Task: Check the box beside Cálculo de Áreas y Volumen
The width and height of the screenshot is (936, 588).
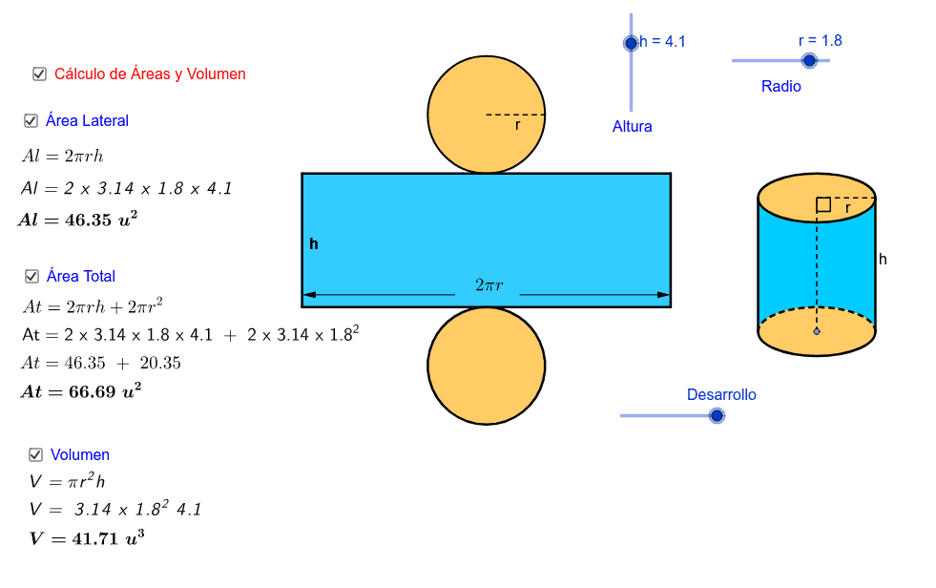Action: (x=39, y=73)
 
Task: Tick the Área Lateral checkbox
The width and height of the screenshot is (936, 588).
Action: (x=31, y=121)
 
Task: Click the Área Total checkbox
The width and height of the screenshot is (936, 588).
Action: (x=31, y=277)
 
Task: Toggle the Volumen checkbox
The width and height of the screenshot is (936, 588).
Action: (x=36, y=455)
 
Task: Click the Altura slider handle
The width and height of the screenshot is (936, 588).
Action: (x=631, y=43)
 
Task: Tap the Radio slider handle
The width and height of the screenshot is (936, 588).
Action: (x=809, y=60)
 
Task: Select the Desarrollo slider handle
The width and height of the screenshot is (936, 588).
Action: (x=717, y=415)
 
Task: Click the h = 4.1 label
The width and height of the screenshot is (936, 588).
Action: (x=663, y=41)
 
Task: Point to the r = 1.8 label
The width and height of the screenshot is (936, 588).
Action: (x=820, y=40)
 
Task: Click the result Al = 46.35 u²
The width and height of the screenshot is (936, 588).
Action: (x=77, y=220)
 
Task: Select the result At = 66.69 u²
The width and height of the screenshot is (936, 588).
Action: (x=80, y=390)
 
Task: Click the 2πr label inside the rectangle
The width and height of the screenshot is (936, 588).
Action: (x=489, y=284)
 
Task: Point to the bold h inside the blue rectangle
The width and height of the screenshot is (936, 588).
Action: (x=314, y=244)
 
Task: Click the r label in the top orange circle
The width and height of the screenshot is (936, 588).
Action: (x=517, y=125)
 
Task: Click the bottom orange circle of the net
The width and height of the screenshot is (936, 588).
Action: (x=486, y=365)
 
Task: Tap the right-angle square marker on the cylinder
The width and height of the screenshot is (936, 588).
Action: (x=822, y=204)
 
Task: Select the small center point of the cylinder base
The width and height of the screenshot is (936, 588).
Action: (x=816, y=331)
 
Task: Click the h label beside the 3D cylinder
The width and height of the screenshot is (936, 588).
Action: (x=883, y=259)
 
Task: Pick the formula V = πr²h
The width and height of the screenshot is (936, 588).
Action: (x=67, y=482)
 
